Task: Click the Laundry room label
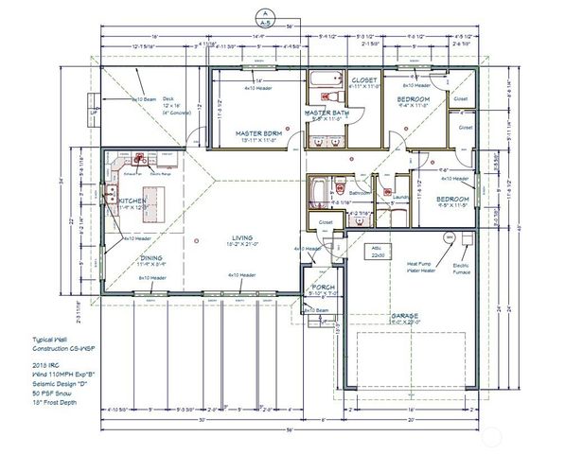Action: tap(398, 198)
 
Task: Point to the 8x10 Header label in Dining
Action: tap(152, 278)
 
